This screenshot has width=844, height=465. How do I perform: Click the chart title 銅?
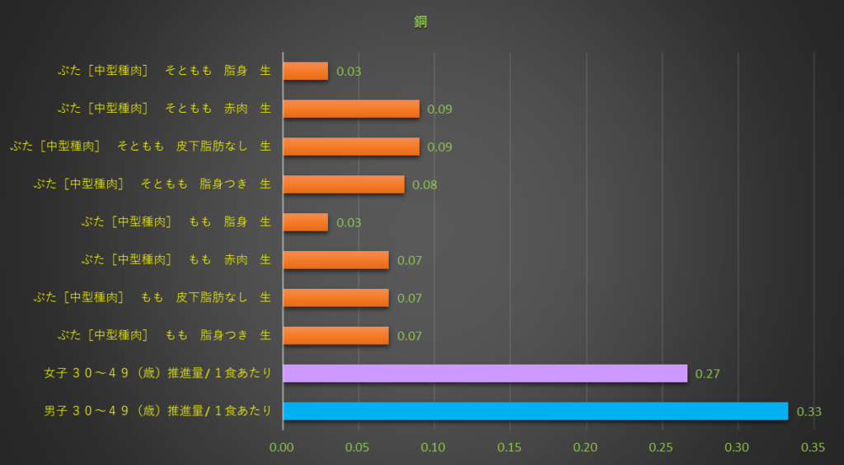click(420, 22)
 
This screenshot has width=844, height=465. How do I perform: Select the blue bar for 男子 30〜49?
click(535, 411)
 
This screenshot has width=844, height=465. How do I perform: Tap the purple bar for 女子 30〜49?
click(485, 373)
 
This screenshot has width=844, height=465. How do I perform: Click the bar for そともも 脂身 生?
click(306, 71)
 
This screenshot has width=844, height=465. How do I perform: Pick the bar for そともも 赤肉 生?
click(351, 109)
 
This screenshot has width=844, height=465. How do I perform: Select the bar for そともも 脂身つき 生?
click(344, 184)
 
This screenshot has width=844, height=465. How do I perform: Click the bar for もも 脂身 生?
click(306, 222)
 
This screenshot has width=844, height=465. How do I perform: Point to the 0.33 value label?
click(809, 412)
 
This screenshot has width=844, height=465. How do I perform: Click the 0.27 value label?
click(708, 374)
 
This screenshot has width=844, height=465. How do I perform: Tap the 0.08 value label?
click(424, 184)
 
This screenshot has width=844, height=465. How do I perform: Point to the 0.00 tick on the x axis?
click(283, 448)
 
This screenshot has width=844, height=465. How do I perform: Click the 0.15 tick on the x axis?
click(510, 448)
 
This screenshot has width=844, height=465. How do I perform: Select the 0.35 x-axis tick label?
click(814, 448)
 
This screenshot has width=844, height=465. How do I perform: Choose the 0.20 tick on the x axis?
click(586, 448)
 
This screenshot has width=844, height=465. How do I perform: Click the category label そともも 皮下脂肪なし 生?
click(140, 146)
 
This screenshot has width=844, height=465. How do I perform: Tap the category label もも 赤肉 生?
click(176, 260)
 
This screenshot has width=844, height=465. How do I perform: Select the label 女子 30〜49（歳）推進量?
click(157, 374)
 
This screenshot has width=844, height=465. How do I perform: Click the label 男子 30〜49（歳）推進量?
click(157, 412)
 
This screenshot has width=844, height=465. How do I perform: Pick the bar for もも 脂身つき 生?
click(335, 336)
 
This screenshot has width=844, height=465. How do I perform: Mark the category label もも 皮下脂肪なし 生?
click(152, 298)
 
